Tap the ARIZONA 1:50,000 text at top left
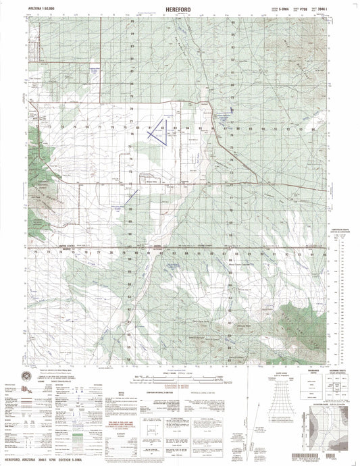click(40, 9)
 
